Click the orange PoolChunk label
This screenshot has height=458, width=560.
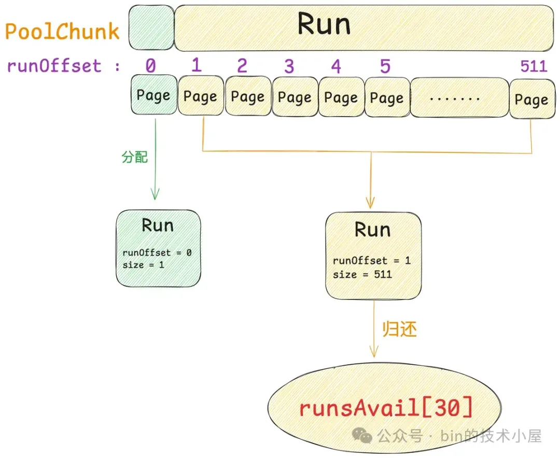(62, 32)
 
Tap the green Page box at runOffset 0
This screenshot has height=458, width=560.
(153, 95)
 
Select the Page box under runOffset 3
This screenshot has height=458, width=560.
(295, 97)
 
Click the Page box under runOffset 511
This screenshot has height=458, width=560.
(531, 99)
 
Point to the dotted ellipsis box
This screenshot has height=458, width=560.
(459, 97)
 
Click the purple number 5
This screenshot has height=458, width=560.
(385, 66)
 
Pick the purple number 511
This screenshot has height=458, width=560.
(534, 66)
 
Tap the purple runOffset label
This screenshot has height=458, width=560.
(54, 66)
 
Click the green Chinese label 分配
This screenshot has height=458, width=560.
(135, 157)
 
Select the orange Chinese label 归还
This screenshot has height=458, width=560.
(400, 330)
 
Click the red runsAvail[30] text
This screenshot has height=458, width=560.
(386, 408)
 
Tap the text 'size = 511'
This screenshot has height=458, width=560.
(362, 274)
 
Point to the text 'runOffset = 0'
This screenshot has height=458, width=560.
(157, 253)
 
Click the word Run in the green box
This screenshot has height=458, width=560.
(158, 226)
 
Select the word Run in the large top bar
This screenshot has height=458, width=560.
(324, 25)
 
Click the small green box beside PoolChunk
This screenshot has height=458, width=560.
(151, 28)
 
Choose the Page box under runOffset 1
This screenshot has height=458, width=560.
(201, 96)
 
